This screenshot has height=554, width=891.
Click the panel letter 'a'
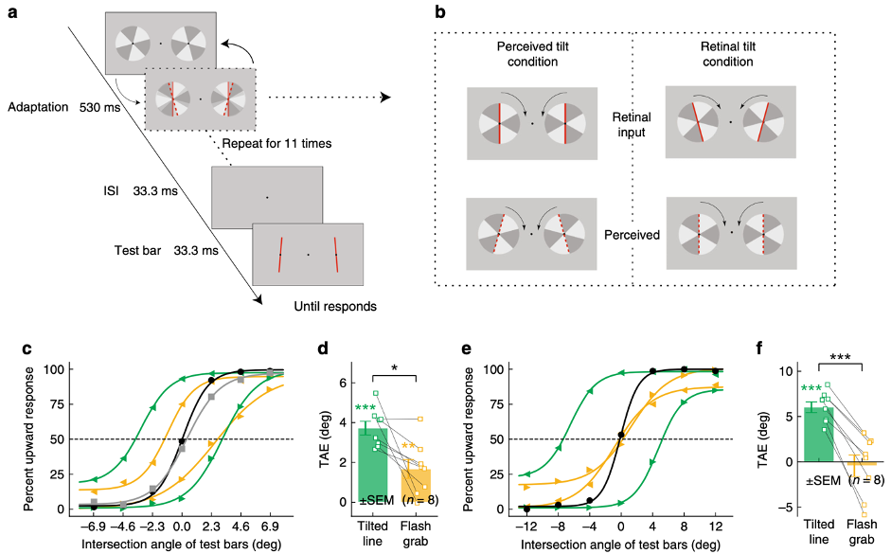pos(12,11)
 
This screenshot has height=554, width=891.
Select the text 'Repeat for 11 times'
pos(276,143)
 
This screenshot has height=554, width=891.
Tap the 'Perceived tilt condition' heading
pos(532,54)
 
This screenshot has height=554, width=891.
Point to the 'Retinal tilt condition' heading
pos(728,54)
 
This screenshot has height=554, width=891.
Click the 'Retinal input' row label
pos(632,124)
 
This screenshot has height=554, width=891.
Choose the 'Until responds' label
pos(334,306)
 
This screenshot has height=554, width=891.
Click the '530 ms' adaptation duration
pos(100,107)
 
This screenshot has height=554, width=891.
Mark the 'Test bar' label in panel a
pos(137,251)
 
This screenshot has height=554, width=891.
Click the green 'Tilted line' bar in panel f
pos(819,435)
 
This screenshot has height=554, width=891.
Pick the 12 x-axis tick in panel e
pos(716,527)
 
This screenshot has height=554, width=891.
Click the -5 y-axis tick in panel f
pos(788,508)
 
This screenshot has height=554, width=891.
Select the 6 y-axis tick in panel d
pos(343,383)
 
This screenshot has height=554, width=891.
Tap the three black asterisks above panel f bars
pos(840,357)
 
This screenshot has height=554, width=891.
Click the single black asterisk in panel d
pos(394,368)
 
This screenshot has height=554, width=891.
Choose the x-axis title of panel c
pos(181,545)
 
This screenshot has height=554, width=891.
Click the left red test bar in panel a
pos(280,255)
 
